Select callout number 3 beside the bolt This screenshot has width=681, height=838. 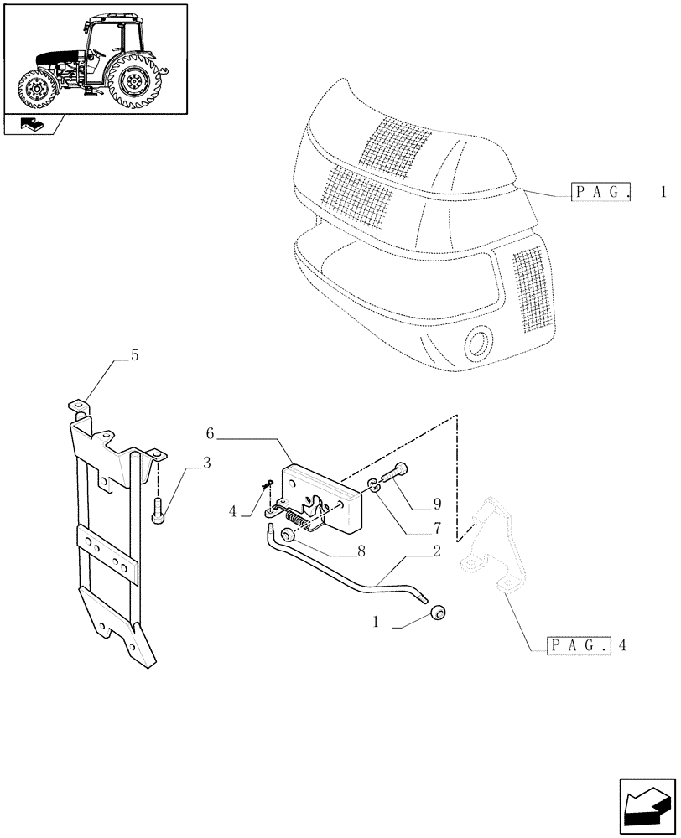(x=206, y=463)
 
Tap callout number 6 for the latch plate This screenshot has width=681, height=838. (x=211, y=433)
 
